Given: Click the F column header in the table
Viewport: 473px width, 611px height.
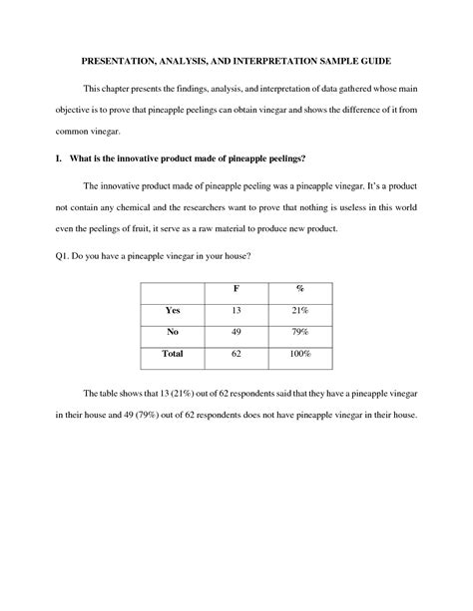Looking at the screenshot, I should pos(236,289).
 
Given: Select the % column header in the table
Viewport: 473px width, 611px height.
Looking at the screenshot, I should pos(300,289).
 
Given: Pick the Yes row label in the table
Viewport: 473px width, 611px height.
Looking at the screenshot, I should pos(173,310).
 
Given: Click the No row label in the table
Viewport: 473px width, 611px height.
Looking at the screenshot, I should pos(173,332).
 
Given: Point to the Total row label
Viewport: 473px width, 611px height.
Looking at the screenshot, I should pos(173,354).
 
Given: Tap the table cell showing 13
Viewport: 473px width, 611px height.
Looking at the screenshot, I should pos(236,310).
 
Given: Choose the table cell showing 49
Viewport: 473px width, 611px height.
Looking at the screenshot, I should pos(236,332).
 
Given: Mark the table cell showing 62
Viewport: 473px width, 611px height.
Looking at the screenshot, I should pos(236,354).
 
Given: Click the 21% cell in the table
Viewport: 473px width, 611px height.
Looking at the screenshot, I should pos(300,310).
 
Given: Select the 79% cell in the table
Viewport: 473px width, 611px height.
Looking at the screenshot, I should pos(300,332).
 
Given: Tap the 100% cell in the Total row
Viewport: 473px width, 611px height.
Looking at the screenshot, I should pos(300,354).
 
